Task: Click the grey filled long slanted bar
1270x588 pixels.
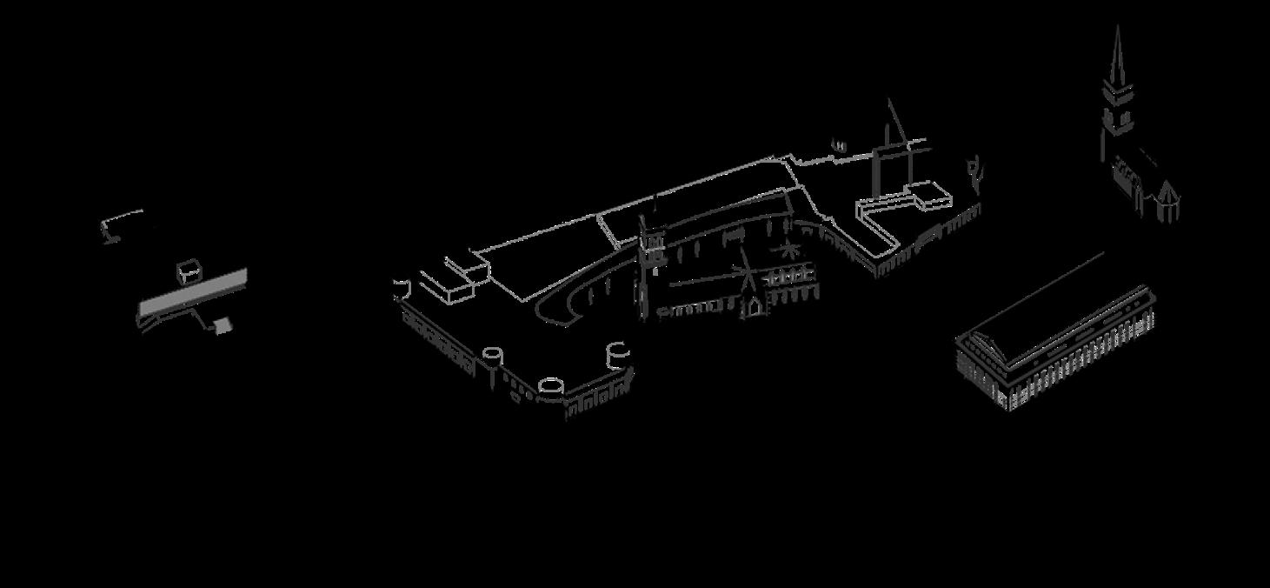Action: (x=193, y=293)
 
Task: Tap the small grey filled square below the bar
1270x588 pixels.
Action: (x=223, y=325)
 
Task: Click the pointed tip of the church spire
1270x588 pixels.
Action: (x=1118, y=28)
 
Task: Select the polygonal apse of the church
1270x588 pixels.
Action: (x=1167, y=202)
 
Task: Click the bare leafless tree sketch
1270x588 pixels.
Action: (x=975, y=175)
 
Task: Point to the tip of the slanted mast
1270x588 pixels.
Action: (x=888, y=101)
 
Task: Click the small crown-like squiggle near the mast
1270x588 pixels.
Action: (x=840, y=145)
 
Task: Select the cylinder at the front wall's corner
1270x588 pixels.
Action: (x=551, y=388)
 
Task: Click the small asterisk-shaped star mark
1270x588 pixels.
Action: (x=789, y=251)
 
